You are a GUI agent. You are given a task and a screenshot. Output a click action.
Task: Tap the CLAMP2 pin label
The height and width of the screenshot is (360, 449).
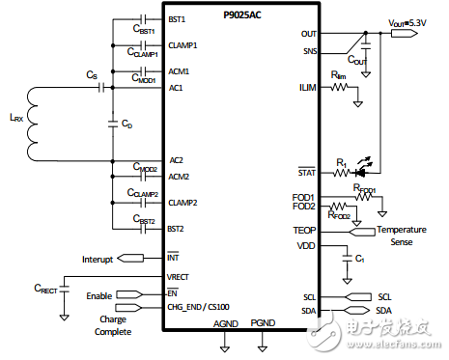[183, 203]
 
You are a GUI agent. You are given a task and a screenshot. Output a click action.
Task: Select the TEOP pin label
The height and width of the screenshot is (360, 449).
[303, 232]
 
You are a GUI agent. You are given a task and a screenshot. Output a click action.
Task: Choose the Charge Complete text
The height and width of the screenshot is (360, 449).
[111, 325]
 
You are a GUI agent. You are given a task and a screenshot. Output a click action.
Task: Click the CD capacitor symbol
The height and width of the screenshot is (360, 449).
[112, 124]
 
